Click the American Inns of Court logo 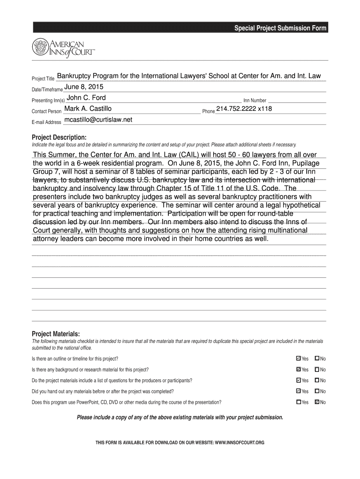[64, 47]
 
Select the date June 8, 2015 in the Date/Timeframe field [84, 87]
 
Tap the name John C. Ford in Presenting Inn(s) [86, 98]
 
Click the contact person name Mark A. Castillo [87, 109]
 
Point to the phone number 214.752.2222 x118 [244, 109]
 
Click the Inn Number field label [255, 101]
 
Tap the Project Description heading [59, 137]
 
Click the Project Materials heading [56, 334]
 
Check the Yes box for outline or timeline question [298, 359]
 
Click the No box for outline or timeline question [317, 359]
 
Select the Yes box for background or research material [298, 370]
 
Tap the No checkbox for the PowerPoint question [317, 402]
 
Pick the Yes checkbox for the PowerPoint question [298, 402]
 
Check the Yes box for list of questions [298, 380]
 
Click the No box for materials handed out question [317, 391]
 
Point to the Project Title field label [43, 79]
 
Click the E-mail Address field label [46, 123]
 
